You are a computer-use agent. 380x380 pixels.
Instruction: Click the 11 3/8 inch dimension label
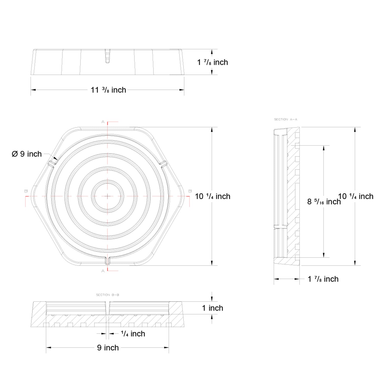click(x=108, y=90)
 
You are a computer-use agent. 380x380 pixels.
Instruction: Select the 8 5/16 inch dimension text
click(x=324, y=202)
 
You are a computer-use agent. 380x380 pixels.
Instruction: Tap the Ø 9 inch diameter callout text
click(x=27, y=154)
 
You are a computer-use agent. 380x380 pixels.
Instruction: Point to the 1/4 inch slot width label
click(x=133, y=334)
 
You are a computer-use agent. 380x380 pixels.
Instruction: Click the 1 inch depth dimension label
click(x=212, y=308)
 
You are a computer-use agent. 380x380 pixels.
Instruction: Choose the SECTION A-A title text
click(x=286, y=119)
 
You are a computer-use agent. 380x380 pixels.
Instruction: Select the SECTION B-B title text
click(x=108, y=295)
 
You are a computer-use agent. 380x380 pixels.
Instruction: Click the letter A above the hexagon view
click(x=103, y=122)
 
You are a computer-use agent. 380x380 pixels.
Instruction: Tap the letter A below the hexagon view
click(x=103, y=271)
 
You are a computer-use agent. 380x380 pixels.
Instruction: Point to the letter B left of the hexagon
click(x=26, y=191)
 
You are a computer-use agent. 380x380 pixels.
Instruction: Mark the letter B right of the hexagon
click(x=190, y=191)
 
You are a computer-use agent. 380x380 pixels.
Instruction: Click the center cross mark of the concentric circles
click(x=108, y=196)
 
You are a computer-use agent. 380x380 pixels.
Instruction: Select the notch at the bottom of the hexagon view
click(x=108, y=260)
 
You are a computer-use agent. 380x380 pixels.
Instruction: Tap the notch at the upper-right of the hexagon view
click(x=163, y=164)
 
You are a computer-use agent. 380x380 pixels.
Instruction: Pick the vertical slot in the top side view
click(x=108, y=56)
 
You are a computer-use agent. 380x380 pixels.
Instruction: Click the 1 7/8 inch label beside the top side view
click(x=212, y=62)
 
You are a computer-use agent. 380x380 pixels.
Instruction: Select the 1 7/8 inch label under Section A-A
click(x=323, y=279)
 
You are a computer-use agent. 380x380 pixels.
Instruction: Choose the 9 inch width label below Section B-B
click(x=108, y=348)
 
